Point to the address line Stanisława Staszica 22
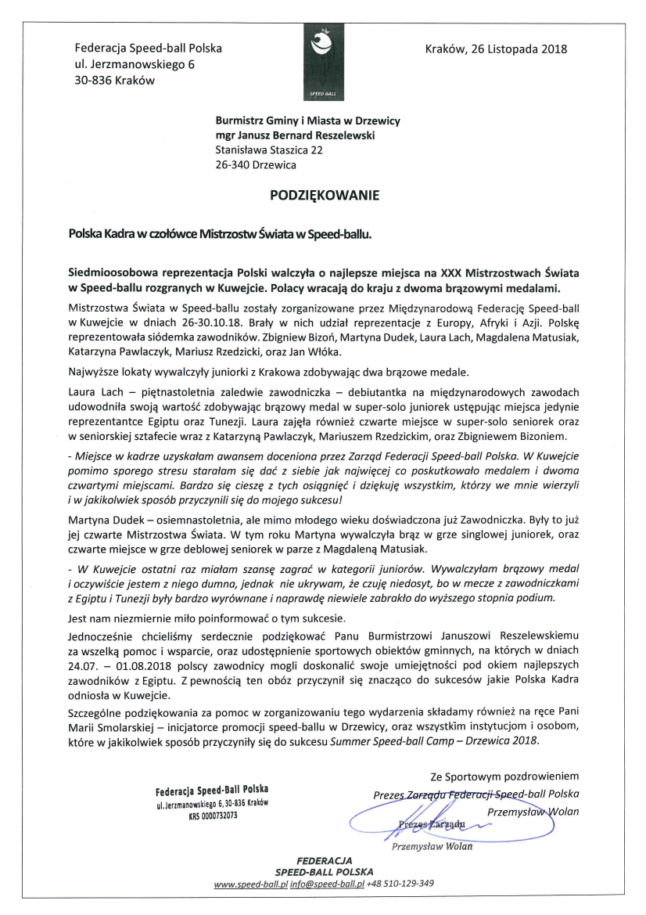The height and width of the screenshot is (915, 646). click(269, 149)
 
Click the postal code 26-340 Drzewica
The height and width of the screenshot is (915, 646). click(256, 165)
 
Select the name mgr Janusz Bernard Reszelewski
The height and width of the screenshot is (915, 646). click(295, 135)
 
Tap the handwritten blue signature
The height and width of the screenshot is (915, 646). click(422, 818)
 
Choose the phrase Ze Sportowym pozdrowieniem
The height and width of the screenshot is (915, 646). click(504, 776)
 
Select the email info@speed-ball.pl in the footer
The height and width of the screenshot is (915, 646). click(328, 884)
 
